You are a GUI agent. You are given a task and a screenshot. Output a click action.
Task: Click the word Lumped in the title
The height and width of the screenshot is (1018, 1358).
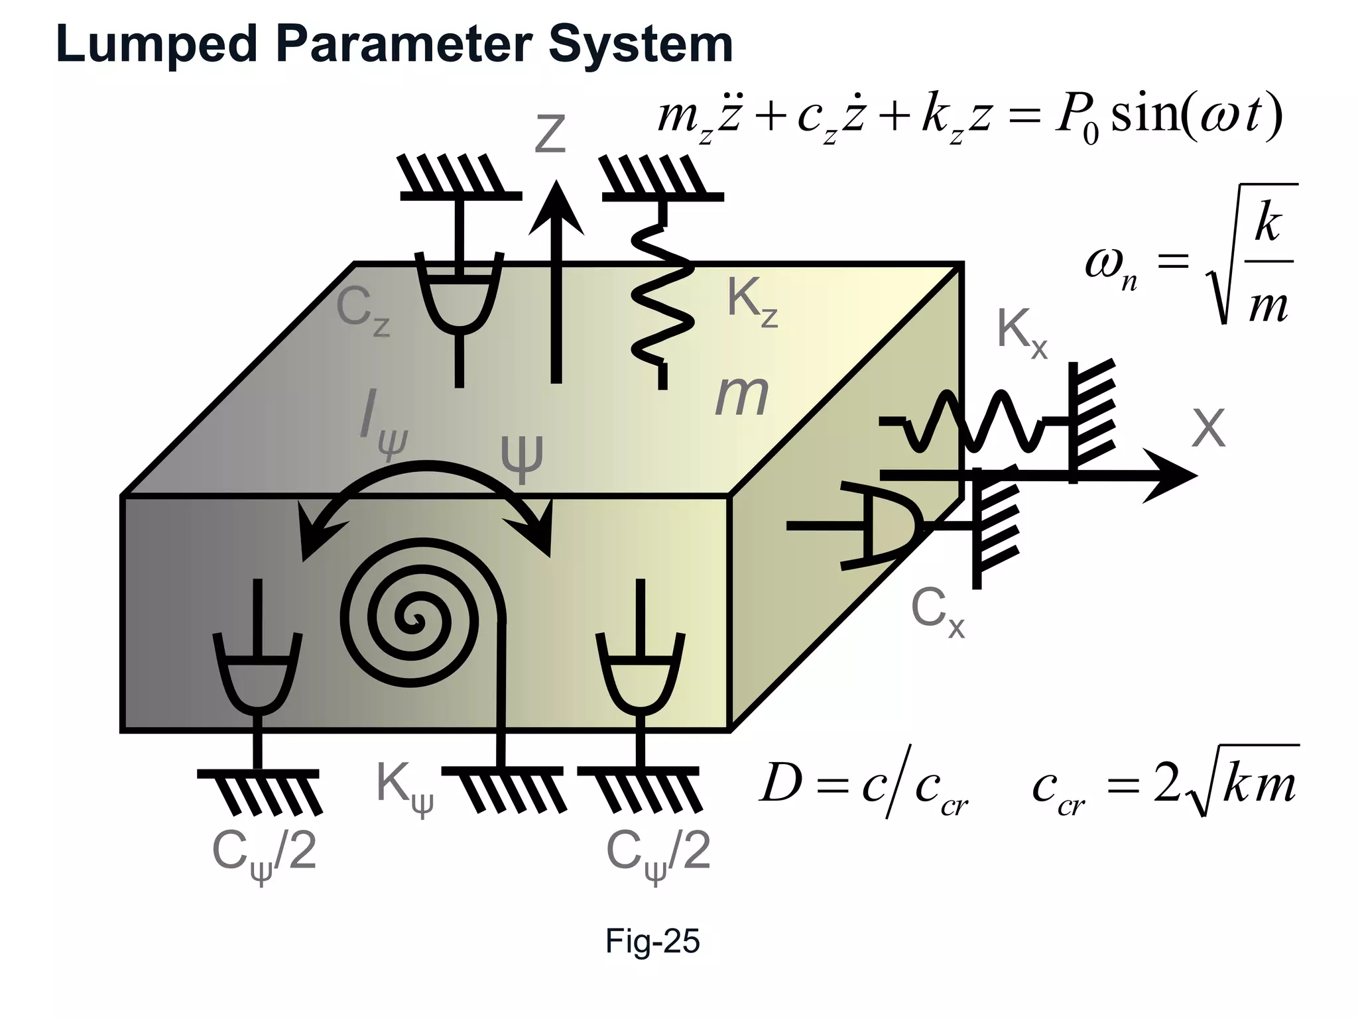click(x=157, y=44)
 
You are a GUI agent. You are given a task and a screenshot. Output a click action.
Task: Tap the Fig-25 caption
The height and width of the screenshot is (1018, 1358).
click(x=652, y=941)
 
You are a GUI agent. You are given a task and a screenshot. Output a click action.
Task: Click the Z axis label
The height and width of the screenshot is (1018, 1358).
click(x=550, y=135)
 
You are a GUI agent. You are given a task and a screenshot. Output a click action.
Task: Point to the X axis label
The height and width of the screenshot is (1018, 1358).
click(x=1208, y=429)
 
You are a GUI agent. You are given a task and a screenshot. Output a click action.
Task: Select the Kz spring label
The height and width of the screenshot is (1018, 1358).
click(x=751, y=302)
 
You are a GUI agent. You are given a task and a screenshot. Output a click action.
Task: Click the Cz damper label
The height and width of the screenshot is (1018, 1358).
click(x=362, y=310)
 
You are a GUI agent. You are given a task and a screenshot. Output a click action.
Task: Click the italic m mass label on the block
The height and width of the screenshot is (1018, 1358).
click(x=741, y=396)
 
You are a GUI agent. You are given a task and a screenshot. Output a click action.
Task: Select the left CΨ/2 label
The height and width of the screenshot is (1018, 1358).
click(x=263, y=855)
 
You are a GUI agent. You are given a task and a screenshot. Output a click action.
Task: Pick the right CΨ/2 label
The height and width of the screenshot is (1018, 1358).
click(x=658, y=855)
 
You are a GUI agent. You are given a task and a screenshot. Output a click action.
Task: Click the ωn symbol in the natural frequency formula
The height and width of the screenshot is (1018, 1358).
click(x=1111, y=266)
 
